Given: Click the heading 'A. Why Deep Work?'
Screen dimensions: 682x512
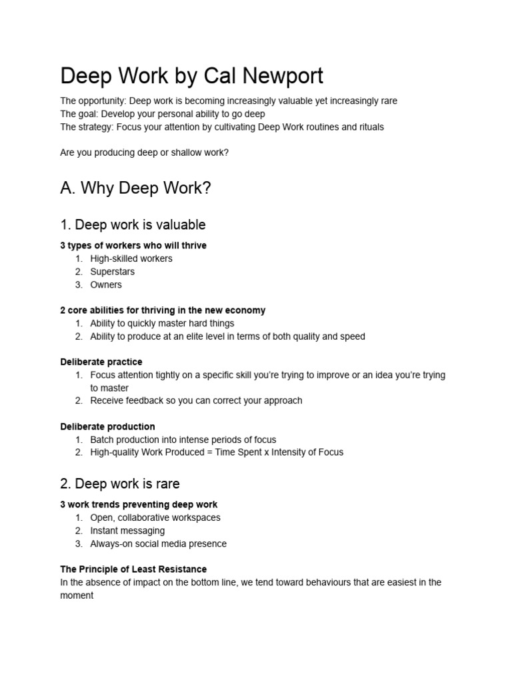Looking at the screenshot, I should pyautogui.click(x=135, y=188).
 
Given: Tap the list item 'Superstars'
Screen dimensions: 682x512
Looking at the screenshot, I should pyautogui.click(x=113, y=272).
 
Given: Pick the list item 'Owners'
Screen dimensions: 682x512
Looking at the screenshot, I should pyautogui.click(x=106, y=284).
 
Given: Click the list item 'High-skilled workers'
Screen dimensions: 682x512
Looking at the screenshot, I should pyautogui.click(x=131, y=258).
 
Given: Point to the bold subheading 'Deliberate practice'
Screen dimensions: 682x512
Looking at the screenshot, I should pyautogui.click(x=101, y=362).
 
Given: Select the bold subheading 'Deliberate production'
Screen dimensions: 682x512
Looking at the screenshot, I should pyautogui.click(x=107, y=426).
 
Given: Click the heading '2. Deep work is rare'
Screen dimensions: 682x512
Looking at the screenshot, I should pyautogui.click(x=120, y=483).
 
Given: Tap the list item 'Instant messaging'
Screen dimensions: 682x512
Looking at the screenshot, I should pyautogui.click(x=127, y=531).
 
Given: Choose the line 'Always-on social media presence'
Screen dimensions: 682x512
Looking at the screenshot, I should pyautogui.click(x=158, y=543).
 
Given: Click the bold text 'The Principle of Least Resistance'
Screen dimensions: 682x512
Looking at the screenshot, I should pyautogui.click(x=133, y=569).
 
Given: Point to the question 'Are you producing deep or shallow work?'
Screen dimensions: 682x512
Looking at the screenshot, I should pyautogui.click(x=144, y=153).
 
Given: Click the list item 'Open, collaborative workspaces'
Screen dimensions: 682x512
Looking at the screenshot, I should pyautogui.click(x=155, y=517).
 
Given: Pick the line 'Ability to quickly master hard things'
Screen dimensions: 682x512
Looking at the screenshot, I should pyautogui.click(x=162, y=323).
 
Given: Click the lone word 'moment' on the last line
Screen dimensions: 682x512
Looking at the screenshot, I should pyautogui.click(x=77, y=595).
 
